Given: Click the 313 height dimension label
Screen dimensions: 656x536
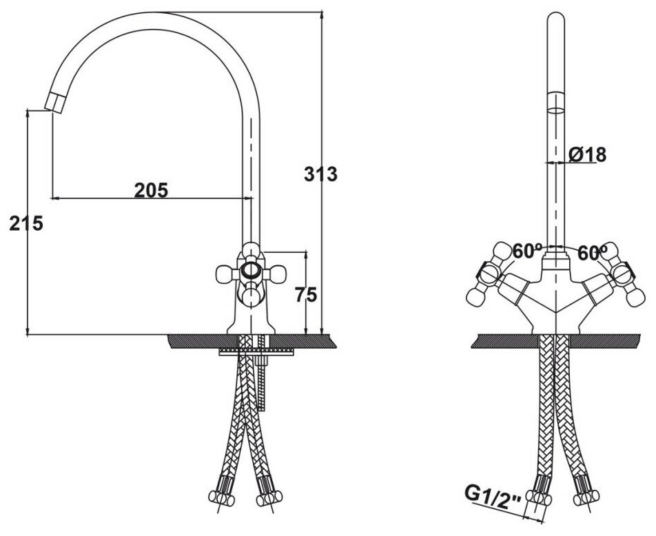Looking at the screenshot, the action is click(320, 175).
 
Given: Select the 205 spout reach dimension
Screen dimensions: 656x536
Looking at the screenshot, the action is click(151, 190).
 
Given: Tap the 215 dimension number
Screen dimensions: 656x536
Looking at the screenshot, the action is click(26, 223).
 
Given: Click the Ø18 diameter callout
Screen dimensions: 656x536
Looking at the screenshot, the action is click(587, 155).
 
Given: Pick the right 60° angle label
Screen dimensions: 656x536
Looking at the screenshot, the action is click(592, 253).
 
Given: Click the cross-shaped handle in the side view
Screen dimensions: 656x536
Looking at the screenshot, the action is click(249, 272).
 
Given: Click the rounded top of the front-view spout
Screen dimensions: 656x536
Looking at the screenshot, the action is click(555, 19).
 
